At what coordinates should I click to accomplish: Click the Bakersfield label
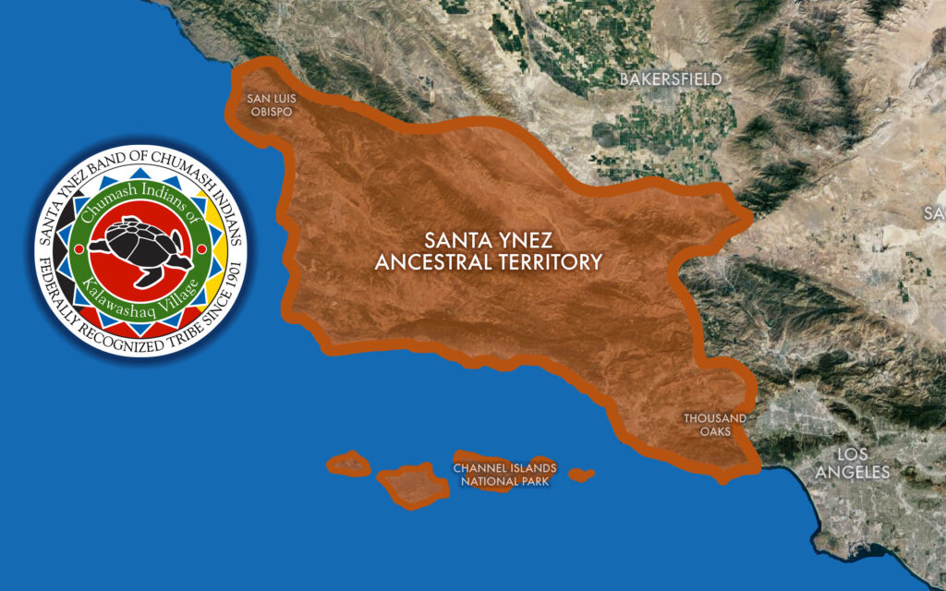670,79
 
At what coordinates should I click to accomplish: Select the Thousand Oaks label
714,425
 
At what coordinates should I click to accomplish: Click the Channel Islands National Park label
504,474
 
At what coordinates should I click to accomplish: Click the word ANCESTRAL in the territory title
436,262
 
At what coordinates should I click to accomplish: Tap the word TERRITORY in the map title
552,262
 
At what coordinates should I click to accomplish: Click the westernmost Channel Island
348,463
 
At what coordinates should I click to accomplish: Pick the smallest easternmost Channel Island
580,476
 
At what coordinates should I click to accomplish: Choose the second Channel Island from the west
404,486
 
